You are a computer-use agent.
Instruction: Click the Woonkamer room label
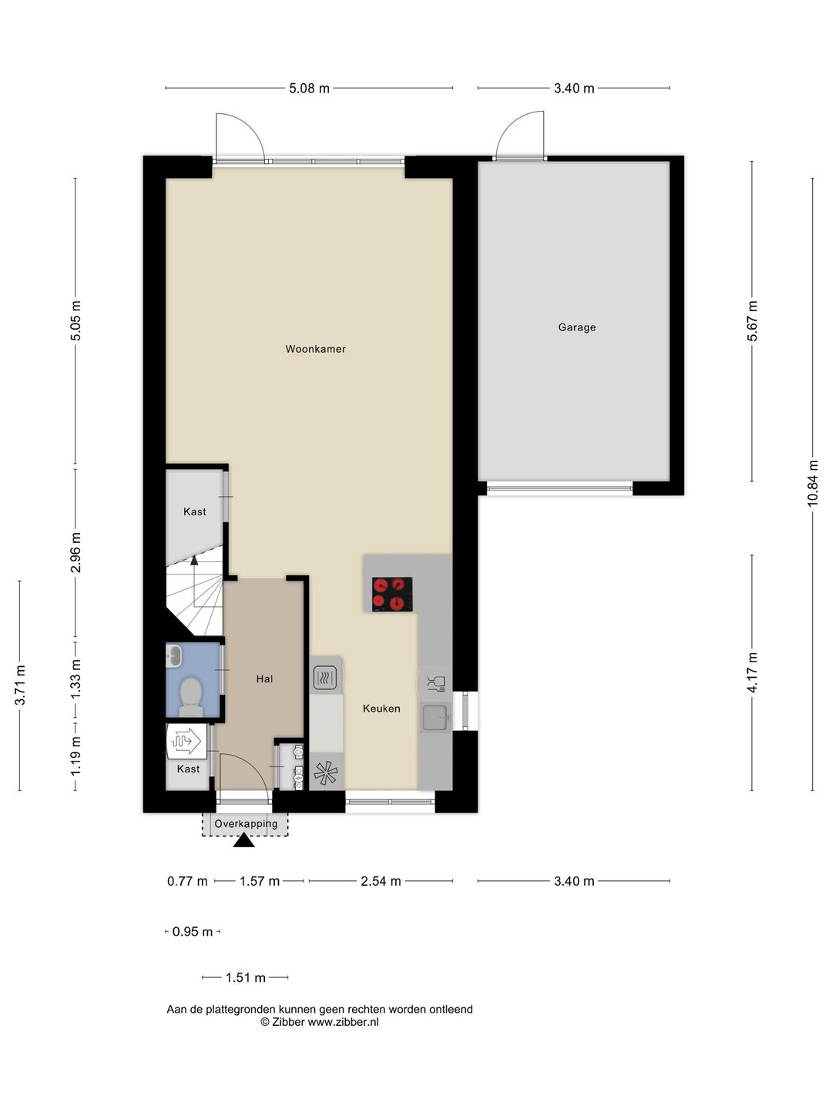[315, 349]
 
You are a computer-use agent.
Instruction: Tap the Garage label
[576, 327]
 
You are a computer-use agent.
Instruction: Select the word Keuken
[381, 709]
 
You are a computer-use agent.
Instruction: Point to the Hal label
[264, 679]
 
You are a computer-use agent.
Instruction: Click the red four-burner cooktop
[392, 594]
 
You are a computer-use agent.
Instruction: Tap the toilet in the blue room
[191, 697]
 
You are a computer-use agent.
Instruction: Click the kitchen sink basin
[435, 718]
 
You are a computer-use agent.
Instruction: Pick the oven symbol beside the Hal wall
[325, 678]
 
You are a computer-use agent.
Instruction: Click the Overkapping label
[246, 823]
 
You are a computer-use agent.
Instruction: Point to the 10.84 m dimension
[812, 483]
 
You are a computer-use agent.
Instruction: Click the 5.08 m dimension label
[309, 89]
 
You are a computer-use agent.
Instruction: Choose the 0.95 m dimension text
[193, 932]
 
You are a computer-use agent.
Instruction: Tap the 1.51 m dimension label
[246, 977]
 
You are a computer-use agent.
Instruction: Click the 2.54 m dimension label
[381, 881]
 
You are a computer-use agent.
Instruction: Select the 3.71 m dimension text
[19, 685]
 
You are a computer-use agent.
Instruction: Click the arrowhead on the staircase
[194, 560]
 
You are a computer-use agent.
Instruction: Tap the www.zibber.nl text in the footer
[343, 1022]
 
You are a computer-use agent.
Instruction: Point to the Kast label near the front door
[188, 769]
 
